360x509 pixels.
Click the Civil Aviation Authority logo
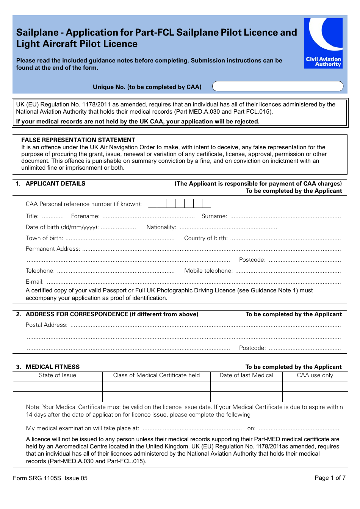pyautogui.click(x=323, y=43)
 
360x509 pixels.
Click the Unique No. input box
pyautogui.click(x=277, y=86)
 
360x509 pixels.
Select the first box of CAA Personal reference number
pyautogui.click(x=152, y=204)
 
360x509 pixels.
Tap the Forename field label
pyautogui.click(x=85, y=216)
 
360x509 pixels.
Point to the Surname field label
pyautogui.click(x=214, y=216)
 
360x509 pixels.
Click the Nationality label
pyautogui.click(x=161, y=227)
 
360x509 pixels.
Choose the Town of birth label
pyautogui.click(x=44, y=238)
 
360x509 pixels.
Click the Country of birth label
pyautogui.click(x=206, y=238)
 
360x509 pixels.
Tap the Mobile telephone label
pyautogui.click(x=208, y=271)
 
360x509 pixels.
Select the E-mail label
pyautogui.click(x=34, y=282)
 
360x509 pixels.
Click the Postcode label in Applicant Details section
pyautogui.click(x=252, y=260)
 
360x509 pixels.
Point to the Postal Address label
pyautogui.click(x=47, y=325)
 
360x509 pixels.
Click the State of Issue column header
pyautogui.click(x=58, y=375)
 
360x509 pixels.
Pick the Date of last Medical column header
pyautogui.click(x=246, y=375)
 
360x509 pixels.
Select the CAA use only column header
pyautogui.click(x=315, y=375)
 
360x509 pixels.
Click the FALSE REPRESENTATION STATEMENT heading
pyautogui.click(x=78, y=140)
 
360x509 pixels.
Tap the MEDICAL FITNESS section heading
pyautogui.click(x=52, y=367)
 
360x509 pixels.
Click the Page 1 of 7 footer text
pyautogui.click(x=330, y=478)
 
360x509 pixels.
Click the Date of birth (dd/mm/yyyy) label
pyautogui.click(x=62, y=227)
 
